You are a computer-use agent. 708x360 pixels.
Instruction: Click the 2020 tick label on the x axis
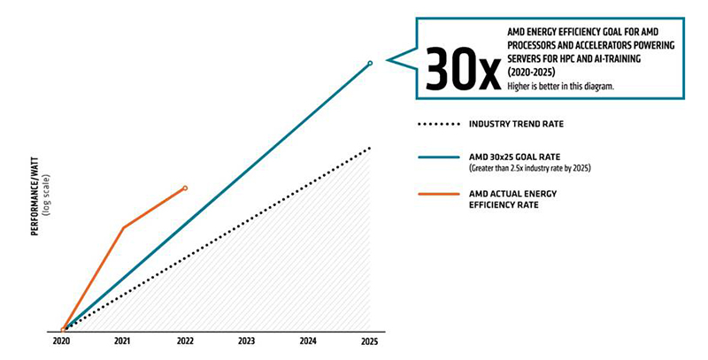pos(61,341)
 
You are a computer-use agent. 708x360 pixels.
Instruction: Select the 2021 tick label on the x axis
pos(123,341)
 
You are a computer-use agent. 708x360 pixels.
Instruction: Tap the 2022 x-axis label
pos(184,341)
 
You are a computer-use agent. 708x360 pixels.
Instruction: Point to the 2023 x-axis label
pos(246,341)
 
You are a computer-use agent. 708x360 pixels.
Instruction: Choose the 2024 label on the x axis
pos(308,341)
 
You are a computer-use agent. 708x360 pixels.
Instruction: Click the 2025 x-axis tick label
pos(369,341)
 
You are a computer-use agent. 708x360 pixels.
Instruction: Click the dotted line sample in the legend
pos(440,124)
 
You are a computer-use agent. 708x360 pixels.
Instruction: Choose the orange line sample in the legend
pos(440,195)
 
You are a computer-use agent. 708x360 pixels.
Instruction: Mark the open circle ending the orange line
pos(185,188)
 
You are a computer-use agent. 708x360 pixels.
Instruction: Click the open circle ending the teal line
pos(370,63)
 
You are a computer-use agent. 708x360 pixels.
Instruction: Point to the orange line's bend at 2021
pos(123,227)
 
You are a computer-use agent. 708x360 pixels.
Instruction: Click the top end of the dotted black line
pos(370,148)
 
